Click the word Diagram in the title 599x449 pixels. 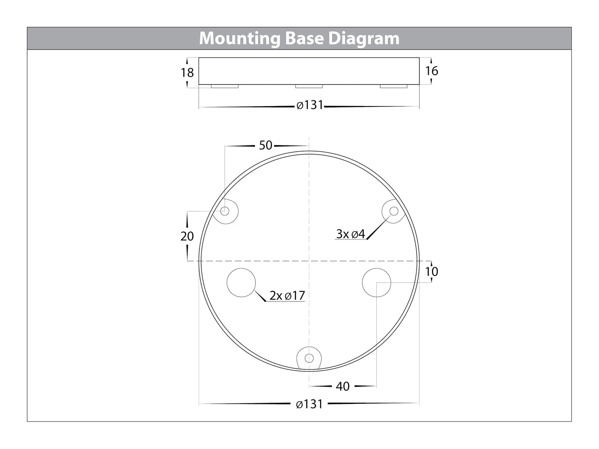[364, 39]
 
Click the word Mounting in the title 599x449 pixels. [240, 39]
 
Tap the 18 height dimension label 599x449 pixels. [187, 73]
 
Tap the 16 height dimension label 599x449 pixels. [432, 71]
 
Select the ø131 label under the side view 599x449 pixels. [309, 106]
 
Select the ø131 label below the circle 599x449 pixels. [309, 404]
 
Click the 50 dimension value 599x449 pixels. [265, 145]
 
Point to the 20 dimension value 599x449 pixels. [187, 236]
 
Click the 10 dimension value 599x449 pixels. [432, 272]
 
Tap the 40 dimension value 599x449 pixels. [342, 386]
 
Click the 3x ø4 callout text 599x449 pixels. [350, 234]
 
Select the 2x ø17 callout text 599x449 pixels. [287, 296]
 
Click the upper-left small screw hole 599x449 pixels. [225, 211]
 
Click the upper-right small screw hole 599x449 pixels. [394, 211]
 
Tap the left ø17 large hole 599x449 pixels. [241, 282]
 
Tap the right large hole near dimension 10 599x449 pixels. [376, 282]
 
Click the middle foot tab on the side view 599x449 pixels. [309, 87]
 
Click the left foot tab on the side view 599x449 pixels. [224, 87]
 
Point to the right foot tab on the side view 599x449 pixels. [394, 87]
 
